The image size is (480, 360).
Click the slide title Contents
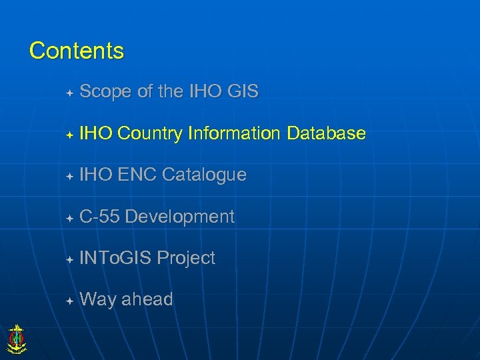click(x=77, y=51)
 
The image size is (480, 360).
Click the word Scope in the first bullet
click(x=106, y=92)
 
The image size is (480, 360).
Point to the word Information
click(x=234, y=133)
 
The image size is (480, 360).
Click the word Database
click(x=326, y=133)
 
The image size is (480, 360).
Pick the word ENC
click(x=137, y=175)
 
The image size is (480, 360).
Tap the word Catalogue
click(x=204, y=175)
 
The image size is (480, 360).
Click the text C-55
click(x=99, y=217)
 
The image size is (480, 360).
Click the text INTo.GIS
click(x=115, y=259)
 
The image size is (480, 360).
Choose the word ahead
click(x=147, y=300)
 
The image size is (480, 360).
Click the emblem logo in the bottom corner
click(x=16, y=339)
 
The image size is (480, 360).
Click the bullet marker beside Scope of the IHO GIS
click(x=69, y=93)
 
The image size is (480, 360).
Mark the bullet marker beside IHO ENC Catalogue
click(x=69, y=176)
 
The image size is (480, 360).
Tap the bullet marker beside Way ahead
click(x=69, y=301)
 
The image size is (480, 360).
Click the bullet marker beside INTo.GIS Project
click(x=69, y=259)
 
